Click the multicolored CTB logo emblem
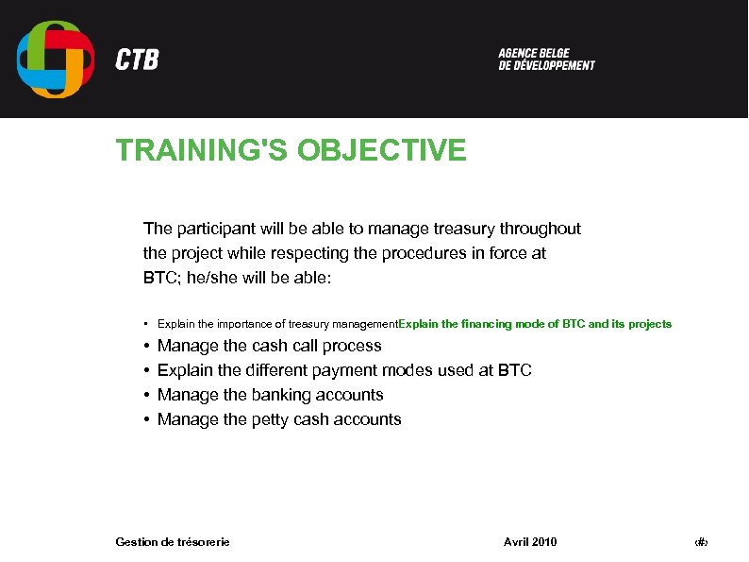click(x=56, y=59)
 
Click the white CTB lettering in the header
click(x=137, y=60)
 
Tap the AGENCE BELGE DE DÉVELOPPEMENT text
click(x=546, y=60)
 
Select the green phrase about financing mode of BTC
click(x=536, y=324)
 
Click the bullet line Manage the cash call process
click(x=269, y=346)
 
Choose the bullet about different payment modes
click(x=344, y=370)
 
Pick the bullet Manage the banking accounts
click(x=270, y=395)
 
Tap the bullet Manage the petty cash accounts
click(x=279, y=419)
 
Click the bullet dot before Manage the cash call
click(x=147, y=347)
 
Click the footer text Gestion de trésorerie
click(x=172, y=541)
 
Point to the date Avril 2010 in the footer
click(x=530, y=541)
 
